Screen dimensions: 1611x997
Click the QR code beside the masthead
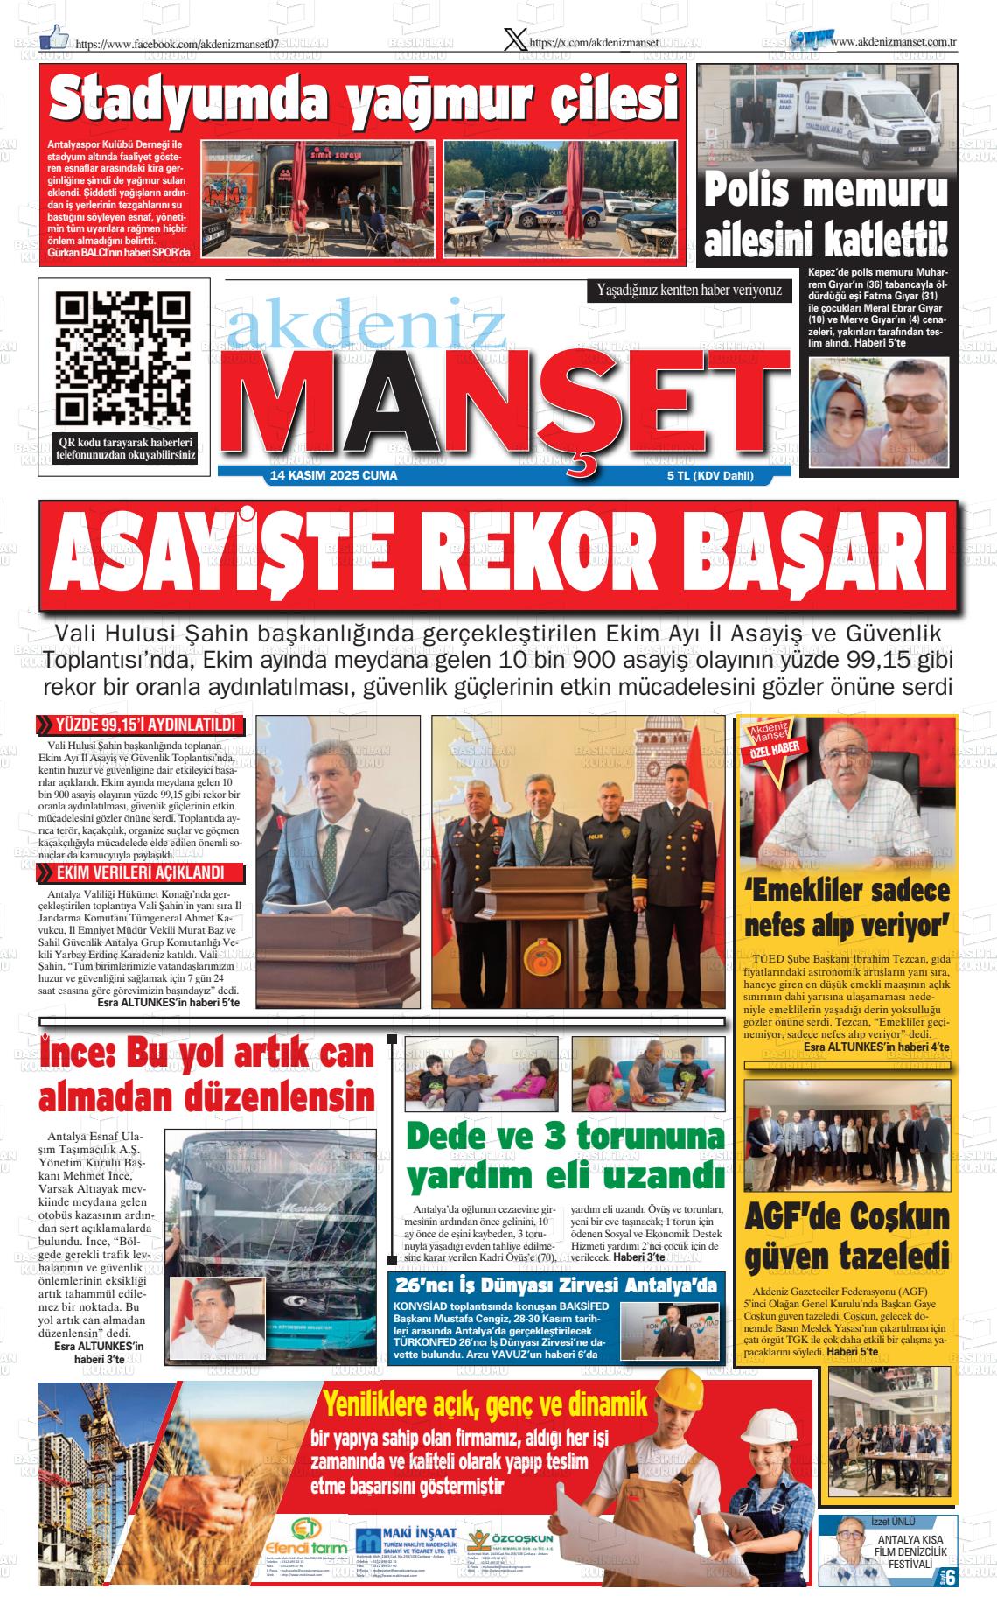pyautogui.click(x=122, y=360)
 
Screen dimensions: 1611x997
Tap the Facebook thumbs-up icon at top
pyautogui.click(x=54, y=36)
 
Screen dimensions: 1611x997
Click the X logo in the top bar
pyautogui.click(x=516, y=40)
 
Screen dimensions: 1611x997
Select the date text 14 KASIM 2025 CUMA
pyautogui.click(x=334, y=476)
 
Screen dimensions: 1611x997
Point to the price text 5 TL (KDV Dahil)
pyautogui.click(x=709, y=476)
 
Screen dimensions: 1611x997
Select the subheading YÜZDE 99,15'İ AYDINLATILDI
pyautogui.click(x=145, y=725)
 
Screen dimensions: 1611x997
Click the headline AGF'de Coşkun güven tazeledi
pyautogui.click(x=847, y=1238)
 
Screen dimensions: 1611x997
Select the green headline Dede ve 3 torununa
pyautogui.click(x=565, y=1137)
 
